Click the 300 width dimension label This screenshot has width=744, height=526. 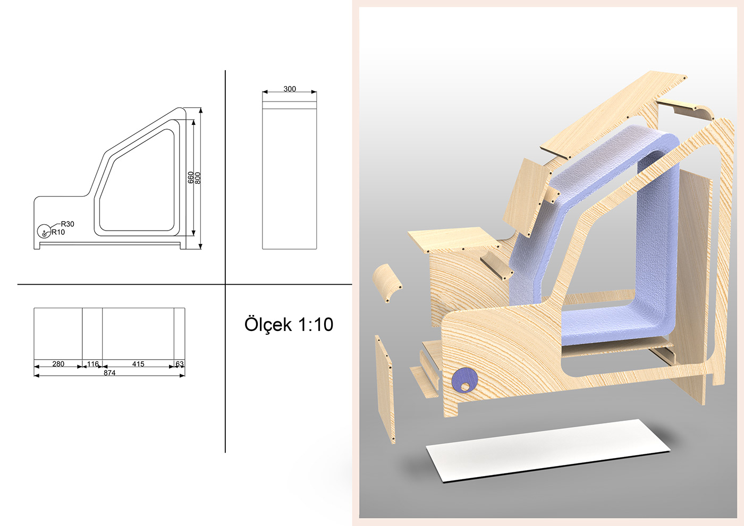[x=290, y=89]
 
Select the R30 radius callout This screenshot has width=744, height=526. [x=67, y=224]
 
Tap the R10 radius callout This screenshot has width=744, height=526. [x=58, y=232]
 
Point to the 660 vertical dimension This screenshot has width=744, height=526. [x=191, y=177]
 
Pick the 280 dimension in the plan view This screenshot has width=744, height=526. [x=58, y=364]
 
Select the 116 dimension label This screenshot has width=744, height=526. [x=92, y=364]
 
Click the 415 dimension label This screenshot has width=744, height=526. [x=138, y=364]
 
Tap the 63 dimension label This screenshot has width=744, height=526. [x=180, y=364]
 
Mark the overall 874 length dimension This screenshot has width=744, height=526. [x=109, y=373]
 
